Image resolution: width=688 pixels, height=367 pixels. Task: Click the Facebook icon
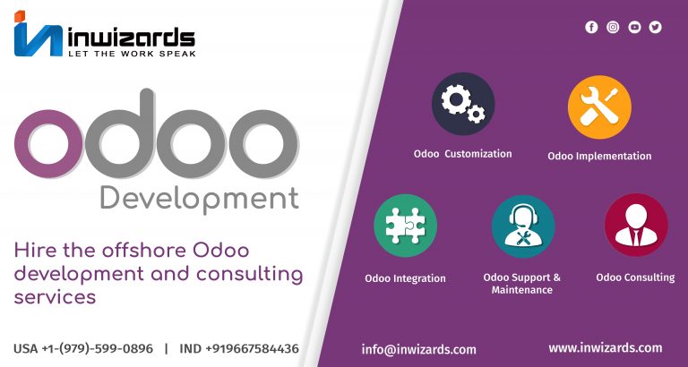(x=591, y=27)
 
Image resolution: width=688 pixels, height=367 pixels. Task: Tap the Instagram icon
(x=613, y=27)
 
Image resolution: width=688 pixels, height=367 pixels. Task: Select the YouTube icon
(x=634, y=27)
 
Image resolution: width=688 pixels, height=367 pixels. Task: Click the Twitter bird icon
(x=655, y=27)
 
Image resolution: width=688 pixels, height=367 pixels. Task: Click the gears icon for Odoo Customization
(x=463, y=104)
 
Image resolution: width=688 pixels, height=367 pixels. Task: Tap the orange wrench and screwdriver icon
(x=599, y=107)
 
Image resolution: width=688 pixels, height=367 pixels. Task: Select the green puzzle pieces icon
(x=406, y=226)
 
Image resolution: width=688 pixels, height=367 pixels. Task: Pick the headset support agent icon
(x=523, y=226)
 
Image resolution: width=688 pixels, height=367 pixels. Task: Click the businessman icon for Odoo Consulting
(x=636, y=225)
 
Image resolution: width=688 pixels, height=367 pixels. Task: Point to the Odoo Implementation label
(x=599, y=156)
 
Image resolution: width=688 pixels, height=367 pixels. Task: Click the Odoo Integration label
(x=405, y=278)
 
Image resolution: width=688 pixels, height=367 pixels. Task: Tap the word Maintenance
(x=521, y=290)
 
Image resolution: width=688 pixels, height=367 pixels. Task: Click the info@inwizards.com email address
(x=418, y=349)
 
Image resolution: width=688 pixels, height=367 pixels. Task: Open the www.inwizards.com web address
(x=605, y=348)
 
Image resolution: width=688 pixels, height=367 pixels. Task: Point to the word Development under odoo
(x=200, y=200)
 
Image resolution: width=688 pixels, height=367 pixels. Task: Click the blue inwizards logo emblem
(x=39, y=34)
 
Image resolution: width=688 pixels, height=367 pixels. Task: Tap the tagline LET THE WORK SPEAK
(x=132, y=54)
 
